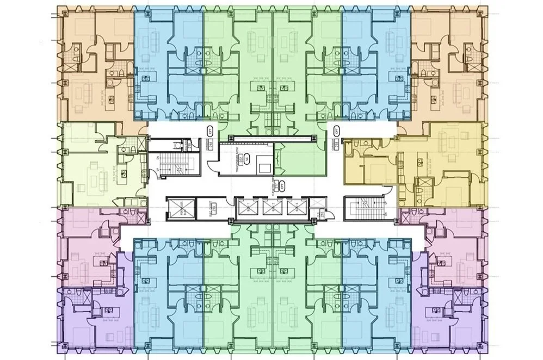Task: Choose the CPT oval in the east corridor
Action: click(x=336, y=131)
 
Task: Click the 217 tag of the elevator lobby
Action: click(x=277, y=184)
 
